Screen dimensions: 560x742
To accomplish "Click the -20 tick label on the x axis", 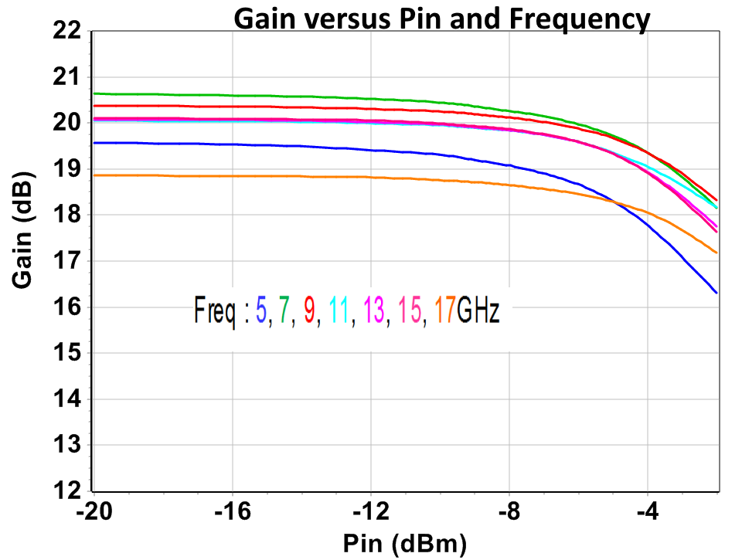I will [93, 513].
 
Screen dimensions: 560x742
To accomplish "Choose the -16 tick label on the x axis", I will [232, 513].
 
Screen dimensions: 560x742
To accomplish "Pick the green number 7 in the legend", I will [285, 312].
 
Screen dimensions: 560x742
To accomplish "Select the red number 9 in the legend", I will [309, 312].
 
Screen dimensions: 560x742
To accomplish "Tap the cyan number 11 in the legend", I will [337, 312].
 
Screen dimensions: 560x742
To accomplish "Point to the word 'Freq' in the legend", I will [214, 312].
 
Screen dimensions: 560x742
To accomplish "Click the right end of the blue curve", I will [716, 293].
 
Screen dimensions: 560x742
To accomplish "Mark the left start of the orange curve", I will [94, 175].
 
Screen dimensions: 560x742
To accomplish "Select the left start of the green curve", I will [94, 93].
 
